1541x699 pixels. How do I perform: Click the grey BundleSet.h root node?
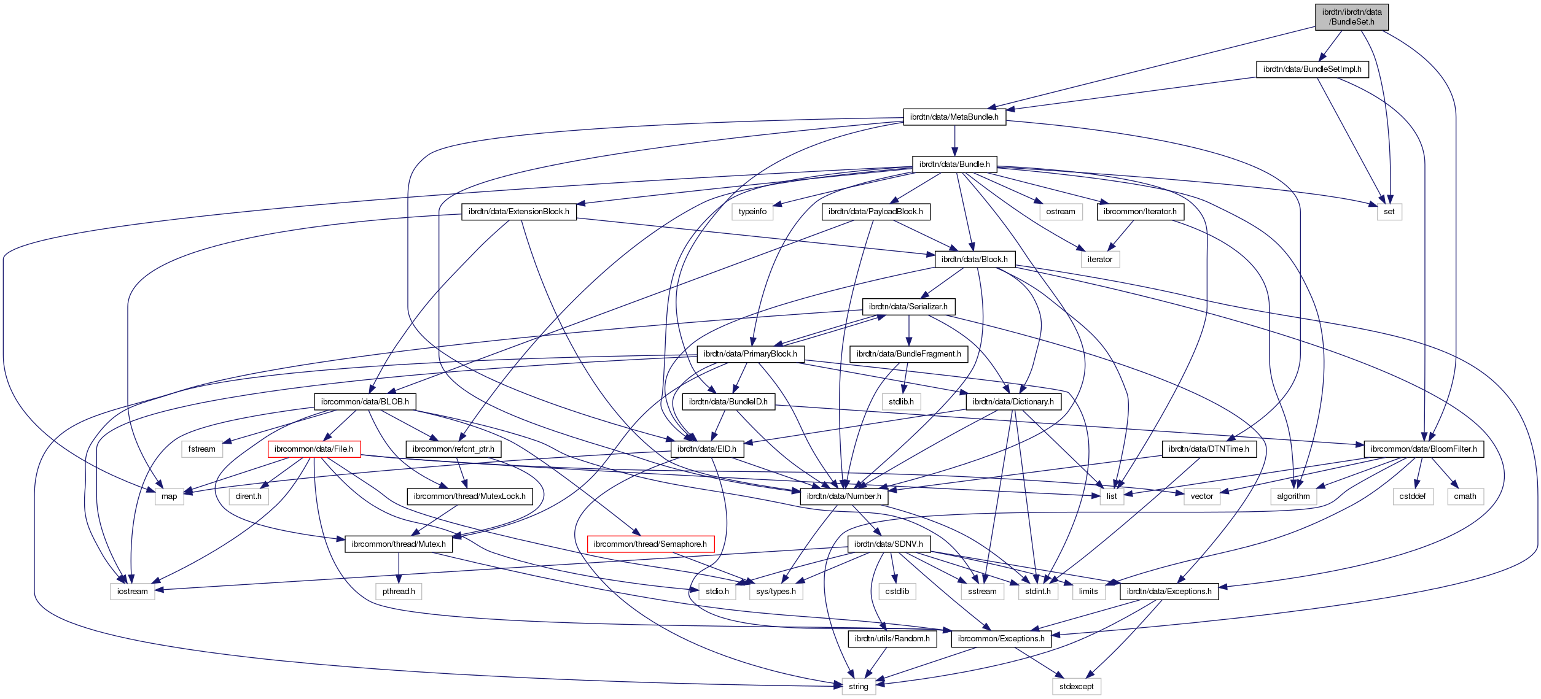pyautogui.click(x=1351, y=17)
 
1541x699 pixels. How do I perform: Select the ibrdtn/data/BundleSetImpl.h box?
pyautogui.click(x=1312, y=69)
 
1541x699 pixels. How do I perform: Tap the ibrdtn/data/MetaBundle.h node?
pyautogui.click(x=954, y=117)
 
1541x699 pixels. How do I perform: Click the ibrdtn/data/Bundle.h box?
pyautogui.click(x=954, y=164)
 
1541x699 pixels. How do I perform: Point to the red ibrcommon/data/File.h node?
pyautogui.click(x=313, y=449)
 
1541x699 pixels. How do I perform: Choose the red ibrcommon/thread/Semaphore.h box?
pyautogui.click(x=650, y=544)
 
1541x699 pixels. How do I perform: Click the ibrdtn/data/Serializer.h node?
pyautogui.click(x=908, y=307)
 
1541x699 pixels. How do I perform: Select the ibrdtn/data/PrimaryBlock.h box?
pyautogui.click(x=750, y=354)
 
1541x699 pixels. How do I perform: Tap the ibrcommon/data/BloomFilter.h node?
pyautogui.click(x=1423, y=449)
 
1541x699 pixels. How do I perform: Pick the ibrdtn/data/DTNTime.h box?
pyautogui.click(x=1208, y=449)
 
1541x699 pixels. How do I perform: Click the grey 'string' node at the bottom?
pyautogui.click(x=858, y=687)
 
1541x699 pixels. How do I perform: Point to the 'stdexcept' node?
pyautogui.click(x=1076, y=687)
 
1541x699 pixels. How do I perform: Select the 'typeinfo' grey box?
pyautogui.click(x=752, y=212)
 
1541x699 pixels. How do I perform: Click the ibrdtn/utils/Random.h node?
pyautogui.click(x=892, y=639)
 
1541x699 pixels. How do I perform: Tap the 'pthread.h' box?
pyautogui.click(x=399, y=592)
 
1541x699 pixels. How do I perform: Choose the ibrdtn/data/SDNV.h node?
pyautogui.click(x=888, y=544)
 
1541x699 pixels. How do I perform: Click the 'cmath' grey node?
pyautogui.click(x=1465, y=496)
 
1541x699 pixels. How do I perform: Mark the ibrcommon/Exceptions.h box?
pyautogui.click(x=1001, y=639)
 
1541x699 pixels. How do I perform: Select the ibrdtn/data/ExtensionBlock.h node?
pyautogui.click(x=518, y=212)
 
